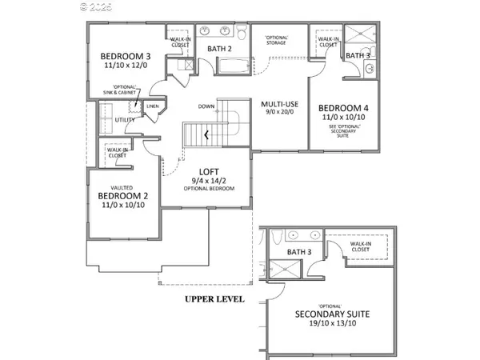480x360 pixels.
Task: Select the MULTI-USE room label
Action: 279,103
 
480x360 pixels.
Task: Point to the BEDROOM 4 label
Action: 344,108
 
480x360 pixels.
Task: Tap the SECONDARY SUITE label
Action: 331,315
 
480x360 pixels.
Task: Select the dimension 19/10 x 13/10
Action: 331,326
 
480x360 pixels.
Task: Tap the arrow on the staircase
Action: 206,135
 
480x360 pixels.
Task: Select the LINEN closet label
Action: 152,106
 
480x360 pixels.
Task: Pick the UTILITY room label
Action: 125,119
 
